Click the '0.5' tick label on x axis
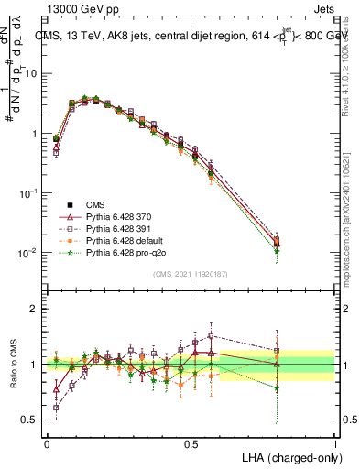click(191, 444)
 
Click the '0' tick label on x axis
click(47, 444)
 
